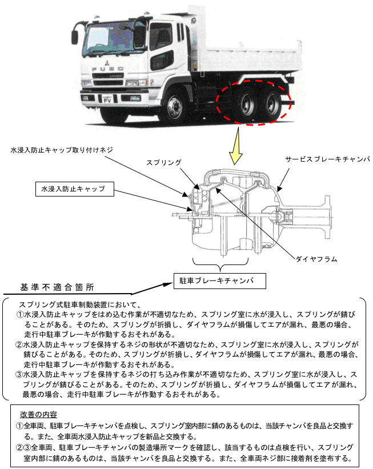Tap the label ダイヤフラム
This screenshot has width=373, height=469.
[x=316, y=259]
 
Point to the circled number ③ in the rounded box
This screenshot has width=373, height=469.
[x=19, y=375]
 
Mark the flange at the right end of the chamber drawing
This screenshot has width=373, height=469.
[x=330, y=214]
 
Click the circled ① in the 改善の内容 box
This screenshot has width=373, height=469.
[x=19, y=426]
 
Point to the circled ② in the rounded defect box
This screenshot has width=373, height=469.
[x=19, y=344]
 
